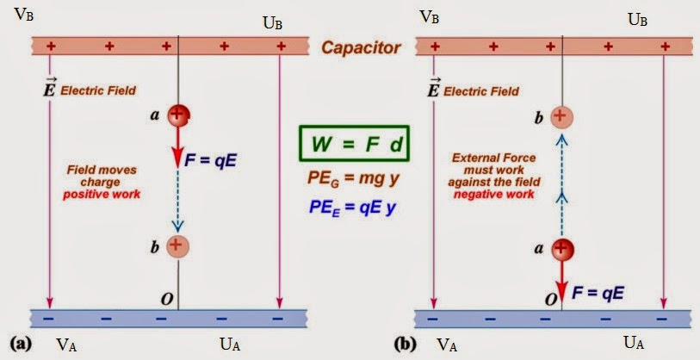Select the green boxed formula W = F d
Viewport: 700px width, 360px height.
point(354,145)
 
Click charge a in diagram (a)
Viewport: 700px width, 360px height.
point(178,114)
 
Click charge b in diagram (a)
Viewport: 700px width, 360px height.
point(177,245)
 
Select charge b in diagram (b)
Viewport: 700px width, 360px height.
point(561,115)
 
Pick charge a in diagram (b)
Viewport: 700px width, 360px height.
point(561,251)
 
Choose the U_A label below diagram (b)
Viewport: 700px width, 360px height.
point(633,344)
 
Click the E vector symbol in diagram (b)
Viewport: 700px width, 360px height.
point(433,88)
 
